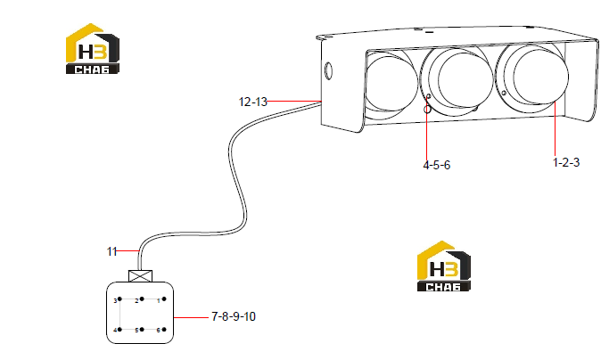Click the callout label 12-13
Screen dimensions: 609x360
point(253,102)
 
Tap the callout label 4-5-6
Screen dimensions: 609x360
point(437,165)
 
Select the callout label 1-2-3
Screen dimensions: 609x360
point(566,162)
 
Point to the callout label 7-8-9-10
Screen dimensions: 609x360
point(234,316)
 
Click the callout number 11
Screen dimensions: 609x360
point(111,251)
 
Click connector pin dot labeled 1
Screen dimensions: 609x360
point(164,299)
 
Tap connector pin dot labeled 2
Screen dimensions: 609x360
point(142,299)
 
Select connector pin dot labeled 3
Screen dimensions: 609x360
point(120,299)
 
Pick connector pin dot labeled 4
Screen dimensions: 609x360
point(120,330)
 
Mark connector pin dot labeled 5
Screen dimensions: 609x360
point(142,330)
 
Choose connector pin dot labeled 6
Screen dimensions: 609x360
point(164,330)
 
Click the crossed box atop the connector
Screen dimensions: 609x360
point(140,276)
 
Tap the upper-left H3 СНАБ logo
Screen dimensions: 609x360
point(93,48)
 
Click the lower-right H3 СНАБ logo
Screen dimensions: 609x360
point(443,266)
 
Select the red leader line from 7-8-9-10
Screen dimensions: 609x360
point(191,317)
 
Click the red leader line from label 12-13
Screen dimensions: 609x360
point(294,102)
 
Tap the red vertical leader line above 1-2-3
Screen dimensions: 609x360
point(555,129)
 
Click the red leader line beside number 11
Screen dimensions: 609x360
point(128,251)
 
